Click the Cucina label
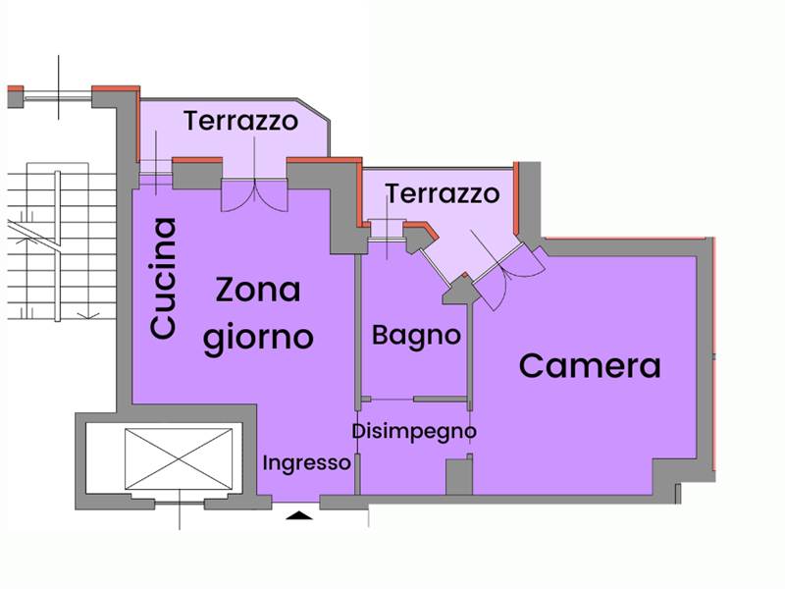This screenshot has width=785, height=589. point(164,279)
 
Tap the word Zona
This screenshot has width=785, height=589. point(257,292)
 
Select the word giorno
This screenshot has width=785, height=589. point(257,337)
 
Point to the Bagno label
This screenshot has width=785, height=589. point(416,335)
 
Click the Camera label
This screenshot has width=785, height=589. point(590,366)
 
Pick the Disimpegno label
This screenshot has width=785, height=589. point(414,431)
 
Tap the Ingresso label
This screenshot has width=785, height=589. point(306,462)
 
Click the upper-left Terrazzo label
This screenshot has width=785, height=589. point(240,122)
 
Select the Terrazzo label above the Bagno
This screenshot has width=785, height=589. point(442,193)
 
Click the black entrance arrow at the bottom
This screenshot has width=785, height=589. point(301,513)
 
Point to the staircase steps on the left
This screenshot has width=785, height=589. point(59,245)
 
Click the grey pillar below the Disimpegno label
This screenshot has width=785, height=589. point(458,476)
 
